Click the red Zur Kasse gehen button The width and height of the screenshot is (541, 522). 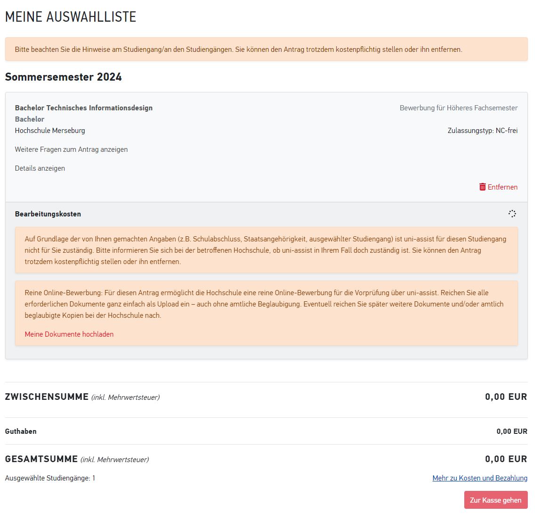495,500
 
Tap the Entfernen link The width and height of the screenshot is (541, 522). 502,187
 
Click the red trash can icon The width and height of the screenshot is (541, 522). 482,187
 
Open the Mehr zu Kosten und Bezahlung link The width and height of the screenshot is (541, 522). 479,478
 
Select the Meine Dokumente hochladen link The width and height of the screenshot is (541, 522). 69,334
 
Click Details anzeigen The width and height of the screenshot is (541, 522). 40,168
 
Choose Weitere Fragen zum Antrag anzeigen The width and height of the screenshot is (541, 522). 71,149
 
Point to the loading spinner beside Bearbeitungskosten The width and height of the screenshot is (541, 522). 512,214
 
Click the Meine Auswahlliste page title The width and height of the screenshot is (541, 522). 71,17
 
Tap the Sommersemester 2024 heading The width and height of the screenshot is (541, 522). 64,77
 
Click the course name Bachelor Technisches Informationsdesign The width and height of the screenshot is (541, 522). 84,108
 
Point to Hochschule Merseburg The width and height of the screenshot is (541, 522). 50,131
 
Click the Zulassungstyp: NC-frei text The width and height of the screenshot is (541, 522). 482,131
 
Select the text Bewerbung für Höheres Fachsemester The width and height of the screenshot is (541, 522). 458,108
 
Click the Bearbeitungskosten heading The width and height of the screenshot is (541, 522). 48,214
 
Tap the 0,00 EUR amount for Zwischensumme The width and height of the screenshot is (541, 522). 506,397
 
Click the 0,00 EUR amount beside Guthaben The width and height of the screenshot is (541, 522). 511,431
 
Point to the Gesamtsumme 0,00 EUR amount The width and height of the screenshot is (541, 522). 506,459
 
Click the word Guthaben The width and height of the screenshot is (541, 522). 21,431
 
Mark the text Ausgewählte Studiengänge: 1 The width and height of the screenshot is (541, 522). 50,478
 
